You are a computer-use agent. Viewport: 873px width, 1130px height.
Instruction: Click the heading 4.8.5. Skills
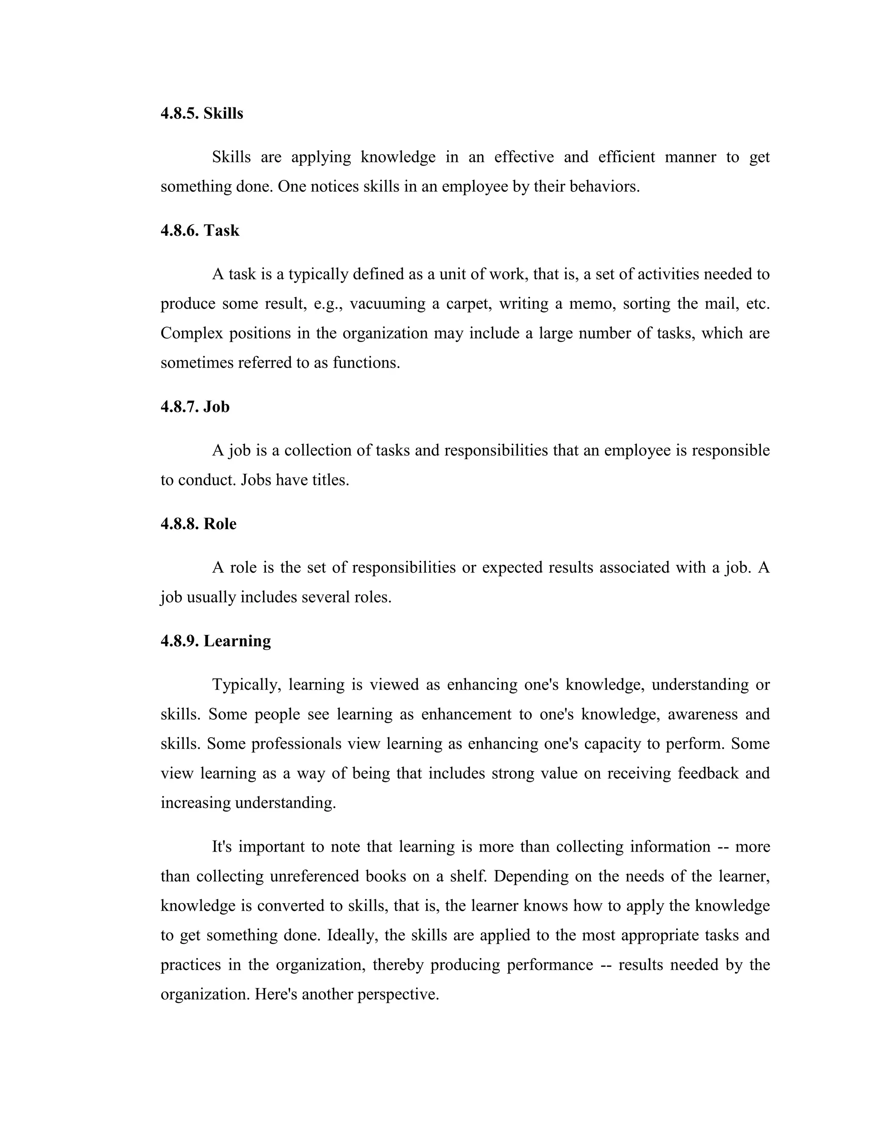point(202,113)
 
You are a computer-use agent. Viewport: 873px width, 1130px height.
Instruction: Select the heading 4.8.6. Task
point(199,230)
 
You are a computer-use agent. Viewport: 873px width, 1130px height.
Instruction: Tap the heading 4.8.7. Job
point(195,407)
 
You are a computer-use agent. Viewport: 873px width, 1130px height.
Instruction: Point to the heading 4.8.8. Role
point(199,524)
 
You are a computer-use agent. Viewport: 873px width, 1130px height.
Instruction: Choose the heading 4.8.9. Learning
point(216,641)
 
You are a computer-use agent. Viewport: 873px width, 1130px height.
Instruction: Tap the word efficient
point(626,157)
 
